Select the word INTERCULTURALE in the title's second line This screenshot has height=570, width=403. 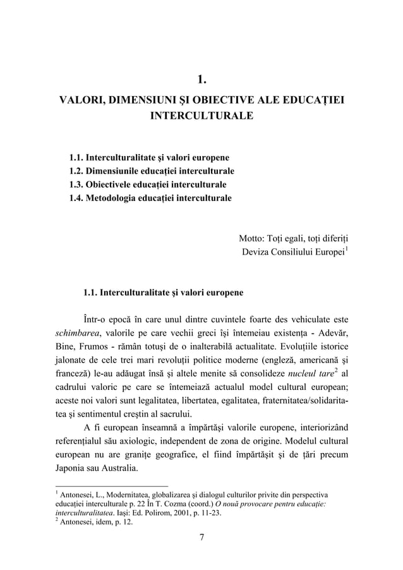coord(201,117)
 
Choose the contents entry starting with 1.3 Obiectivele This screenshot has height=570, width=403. coord(148,185)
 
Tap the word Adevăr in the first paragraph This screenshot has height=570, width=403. coord(334,332)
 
